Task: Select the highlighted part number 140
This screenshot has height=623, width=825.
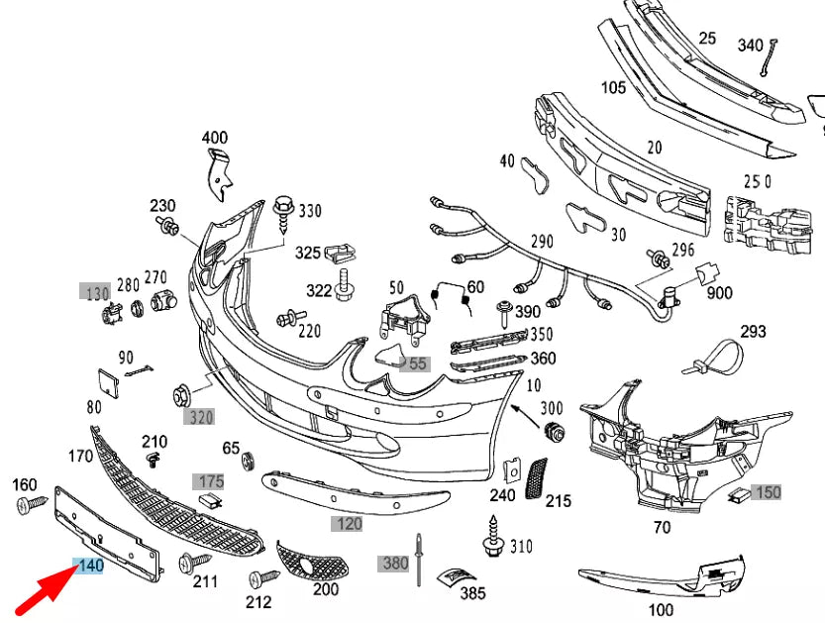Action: [89, 567]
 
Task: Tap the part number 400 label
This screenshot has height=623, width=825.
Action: [214, 138]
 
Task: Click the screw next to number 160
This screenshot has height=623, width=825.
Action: [28, 506]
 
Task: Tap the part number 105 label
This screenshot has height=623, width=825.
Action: [613, 87]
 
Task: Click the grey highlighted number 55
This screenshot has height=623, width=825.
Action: [417, 363]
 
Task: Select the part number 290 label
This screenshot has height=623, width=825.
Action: [542, 241]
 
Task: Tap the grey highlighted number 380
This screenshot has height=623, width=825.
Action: [395, 564]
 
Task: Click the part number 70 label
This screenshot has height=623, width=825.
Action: [662, 527]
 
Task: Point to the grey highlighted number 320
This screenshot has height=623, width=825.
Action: [200, 417]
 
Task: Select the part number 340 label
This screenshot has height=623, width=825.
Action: [751, 45]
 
